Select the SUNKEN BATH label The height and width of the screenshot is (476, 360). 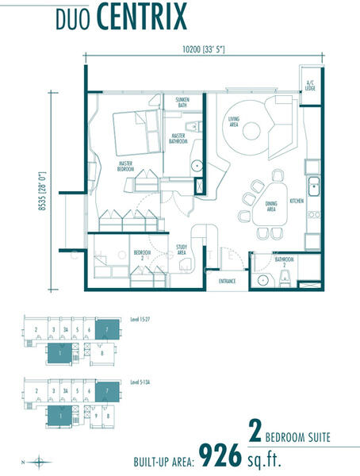pyautogui.click(x=181, y=102)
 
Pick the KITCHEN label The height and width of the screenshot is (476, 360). pyautogui.click(x=297, y=201)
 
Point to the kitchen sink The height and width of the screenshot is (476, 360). pyautogui.click(x=313, y=189)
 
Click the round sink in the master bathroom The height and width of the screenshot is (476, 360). pyautogui.click(x=196, y=166)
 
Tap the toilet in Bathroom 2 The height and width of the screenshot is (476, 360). pyautogui.click(x=282, y=277)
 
